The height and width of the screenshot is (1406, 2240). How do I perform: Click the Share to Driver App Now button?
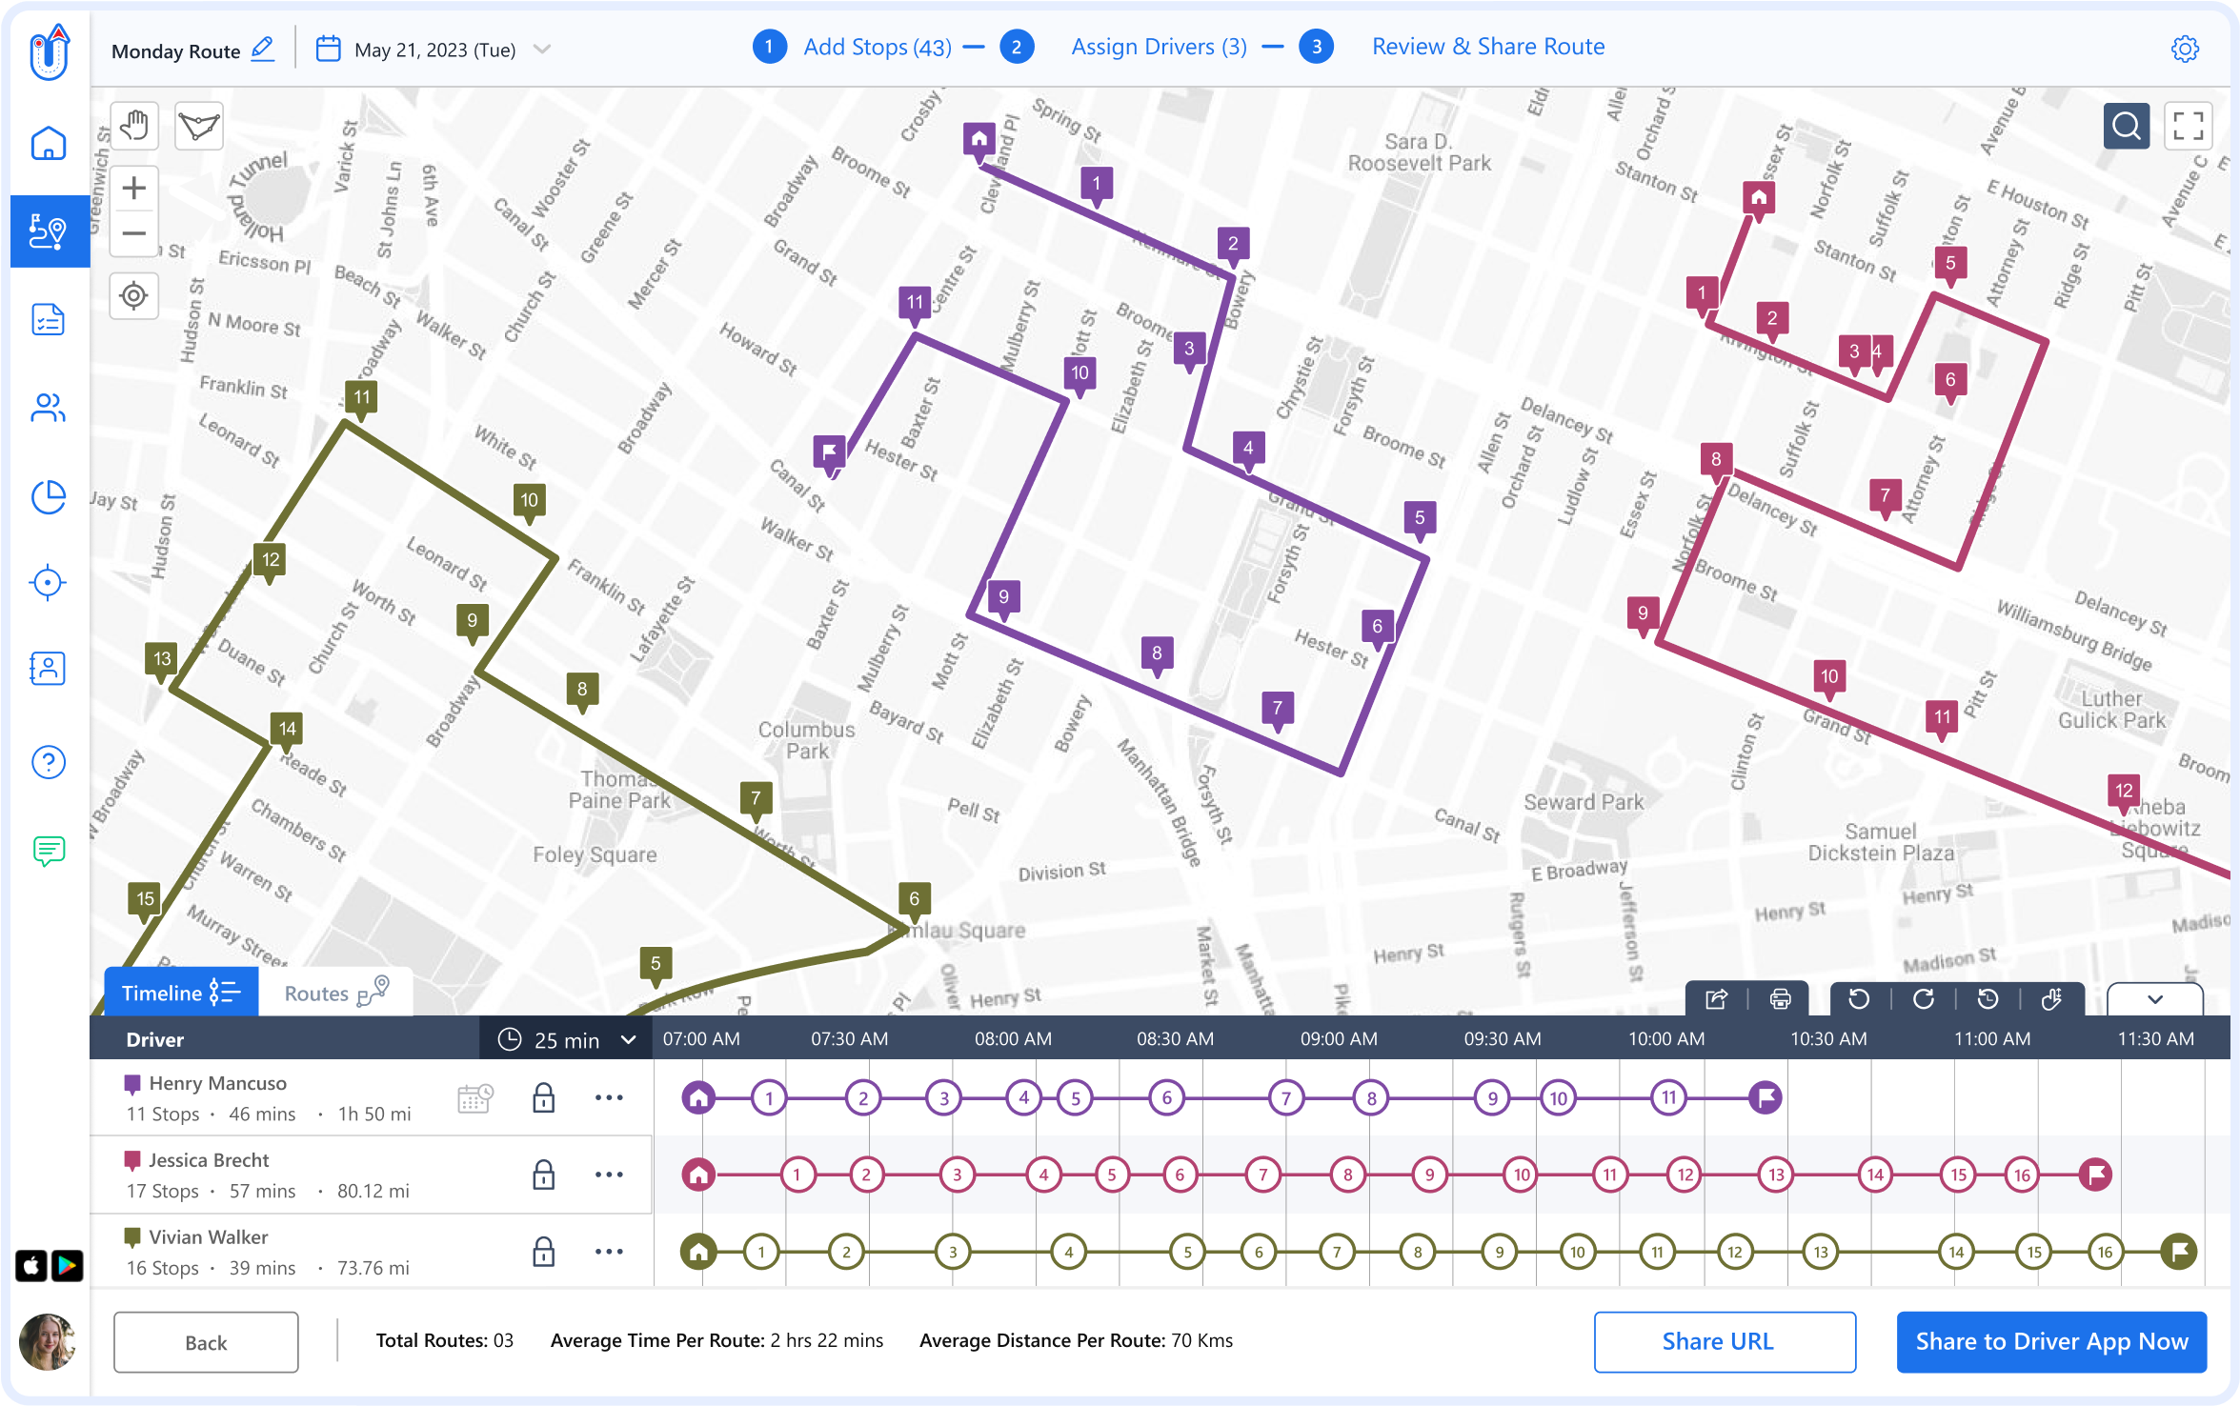(2051, 1341)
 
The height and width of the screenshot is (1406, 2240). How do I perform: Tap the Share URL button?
(1724, 1341)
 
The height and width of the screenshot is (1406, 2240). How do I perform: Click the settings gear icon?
(2184, 49)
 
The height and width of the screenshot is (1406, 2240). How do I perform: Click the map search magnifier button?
(2126, 126)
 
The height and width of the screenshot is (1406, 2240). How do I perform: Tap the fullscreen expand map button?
(2188, 126)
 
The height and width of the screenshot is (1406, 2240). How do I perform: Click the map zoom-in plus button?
(134, 189)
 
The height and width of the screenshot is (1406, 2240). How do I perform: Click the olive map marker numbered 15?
(145, 899)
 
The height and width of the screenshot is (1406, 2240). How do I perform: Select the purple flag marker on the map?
(829, 451)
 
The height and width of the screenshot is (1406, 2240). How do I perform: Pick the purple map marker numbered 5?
(1419, 518)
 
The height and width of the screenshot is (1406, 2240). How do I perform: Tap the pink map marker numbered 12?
(2124, 791)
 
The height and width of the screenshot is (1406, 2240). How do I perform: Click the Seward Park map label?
(1584, 802)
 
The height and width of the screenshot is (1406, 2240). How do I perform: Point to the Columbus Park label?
(806, 740)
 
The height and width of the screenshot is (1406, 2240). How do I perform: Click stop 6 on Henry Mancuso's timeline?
(1166, 1097)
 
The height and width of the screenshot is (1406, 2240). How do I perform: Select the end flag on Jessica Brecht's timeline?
(2096, 1175)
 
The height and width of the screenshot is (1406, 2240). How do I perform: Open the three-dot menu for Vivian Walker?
(609, 1251)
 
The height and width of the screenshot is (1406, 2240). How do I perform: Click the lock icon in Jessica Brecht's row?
(543, 1175)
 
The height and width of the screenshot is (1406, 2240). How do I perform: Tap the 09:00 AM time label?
(1339, 1039)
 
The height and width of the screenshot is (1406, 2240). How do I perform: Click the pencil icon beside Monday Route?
(262, 49)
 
